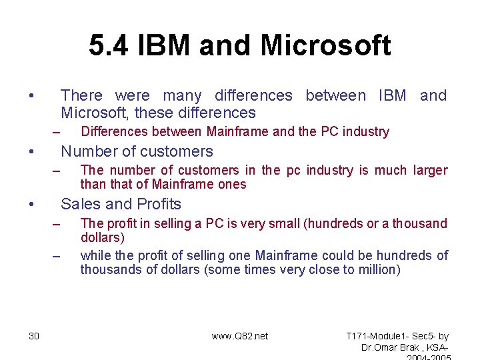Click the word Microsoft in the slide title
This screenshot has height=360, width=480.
[x=325, y=46]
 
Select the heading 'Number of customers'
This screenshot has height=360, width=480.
[x=137, y=151]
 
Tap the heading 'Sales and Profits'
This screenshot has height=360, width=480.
[x=121, y=204]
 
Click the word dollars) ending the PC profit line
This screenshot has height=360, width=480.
[x=103, y=237]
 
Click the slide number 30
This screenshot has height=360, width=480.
[x=34, y=336]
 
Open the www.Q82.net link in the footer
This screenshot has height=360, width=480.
[x=240, y=336]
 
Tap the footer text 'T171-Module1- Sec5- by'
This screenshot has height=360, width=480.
[x=398, y=336]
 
